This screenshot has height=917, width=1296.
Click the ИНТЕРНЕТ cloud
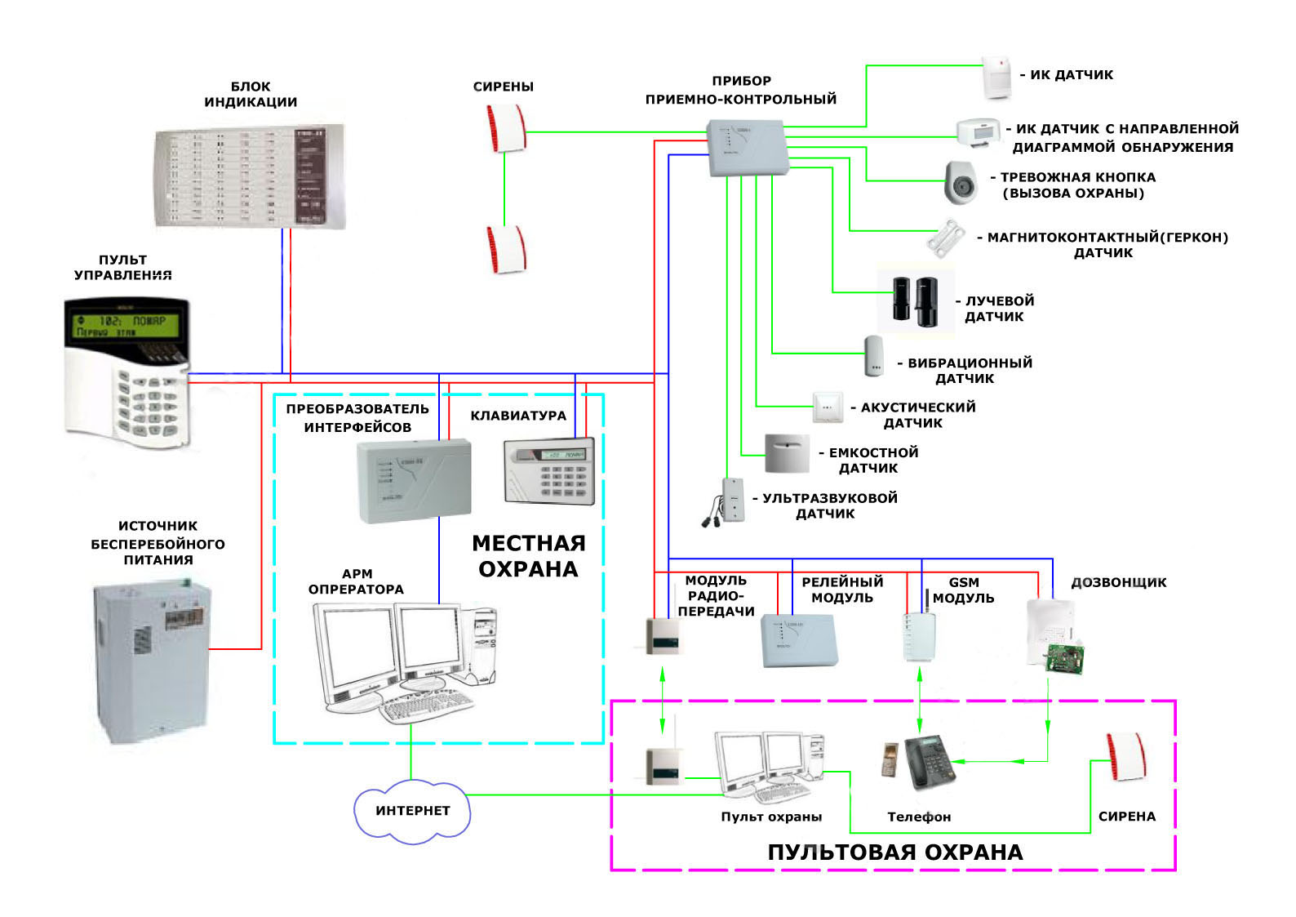[x=412, y=810]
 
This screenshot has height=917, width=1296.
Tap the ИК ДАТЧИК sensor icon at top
[x=996, y=78]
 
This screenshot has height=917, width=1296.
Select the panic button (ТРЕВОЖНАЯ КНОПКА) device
[x=961, y=182]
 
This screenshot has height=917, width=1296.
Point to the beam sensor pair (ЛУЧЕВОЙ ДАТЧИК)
[x=915, y=300]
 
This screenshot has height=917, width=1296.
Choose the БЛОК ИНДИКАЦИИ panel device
[x=249, y=176]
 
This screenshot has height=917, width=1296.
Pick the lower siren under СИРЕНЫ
[x=506, y=250]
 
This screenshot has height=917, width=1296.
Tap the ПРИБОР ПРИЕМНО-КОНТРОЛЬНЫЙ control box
[x=748, y=148]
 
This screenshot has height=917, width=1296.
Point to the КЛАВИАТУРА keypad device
[x=549, y=472]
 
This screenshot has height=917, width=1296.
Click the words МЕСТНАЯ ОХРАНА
[x=529, y=556]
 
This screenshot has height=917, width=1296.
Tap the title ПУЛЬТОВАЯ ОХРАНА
[x=894, y=852]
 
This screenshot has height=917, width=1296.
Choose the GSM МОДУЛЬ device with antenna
[x=919, y=634]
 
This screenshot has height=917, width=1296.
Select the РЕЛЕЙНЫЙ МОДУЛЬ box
[x=799, y=639]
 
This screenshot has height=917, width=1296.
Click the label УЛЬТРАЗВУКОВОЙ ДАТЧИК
[x=828, y=505]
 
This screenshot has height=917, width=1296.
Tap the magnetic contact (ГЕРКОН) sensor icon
[x=948, y=238]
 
